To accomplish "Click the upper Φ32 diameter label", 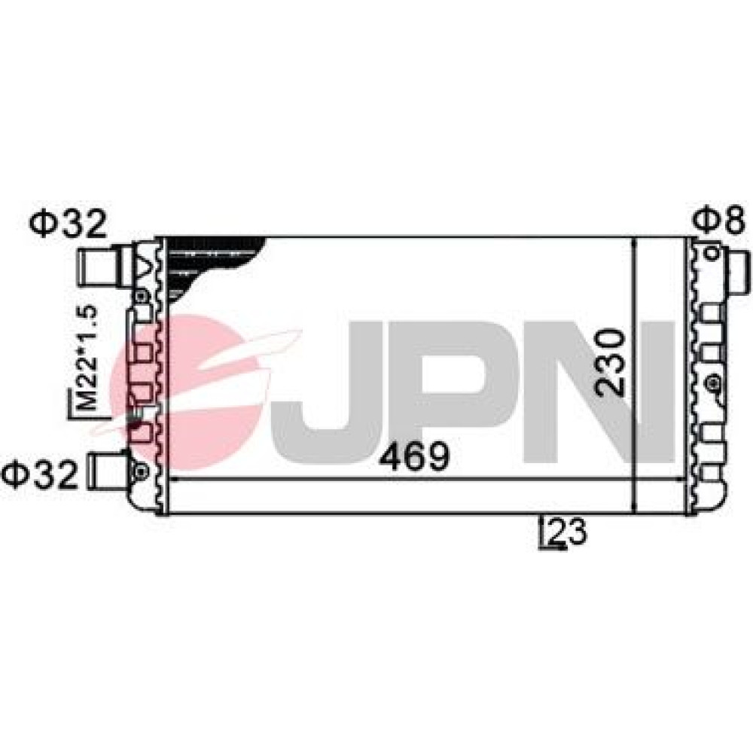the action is (67, 224).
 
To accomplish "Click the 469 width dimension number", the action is (414, 456).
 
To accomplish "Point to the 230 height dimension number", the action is (610, 363).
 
